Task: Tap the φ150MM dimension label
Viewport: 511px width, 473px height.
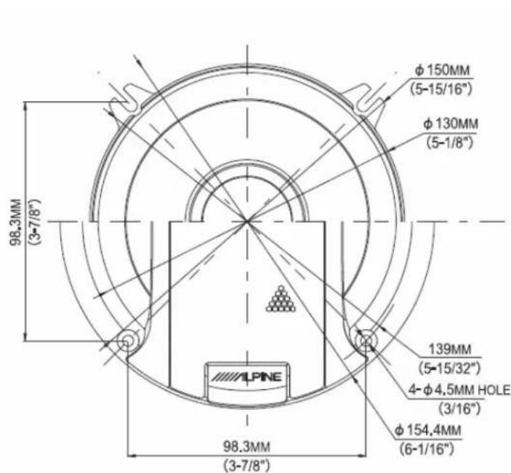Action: tap(443, 70)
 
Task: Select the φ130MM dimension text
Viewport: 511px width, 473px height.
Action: tap(451, 124)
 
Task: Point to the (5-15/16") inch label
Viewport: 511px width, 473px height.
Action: tap(441, 89)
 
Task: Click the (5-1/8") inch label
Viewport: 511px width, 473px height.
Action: tap(450, 142)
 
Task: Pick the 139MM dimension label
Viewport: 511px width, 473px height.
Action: tap(450, 349)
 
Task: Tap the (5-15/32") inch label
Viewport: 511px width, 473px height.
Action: tap(450, 368)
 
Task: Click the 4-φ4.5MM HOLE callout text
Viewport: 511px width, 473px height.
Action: tap(459, 390)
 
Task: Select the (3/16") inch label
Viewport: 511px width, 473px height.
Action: tap(460, 408)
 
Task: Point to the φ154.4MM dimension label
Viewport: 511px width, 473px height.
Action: tap(428, 430)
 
